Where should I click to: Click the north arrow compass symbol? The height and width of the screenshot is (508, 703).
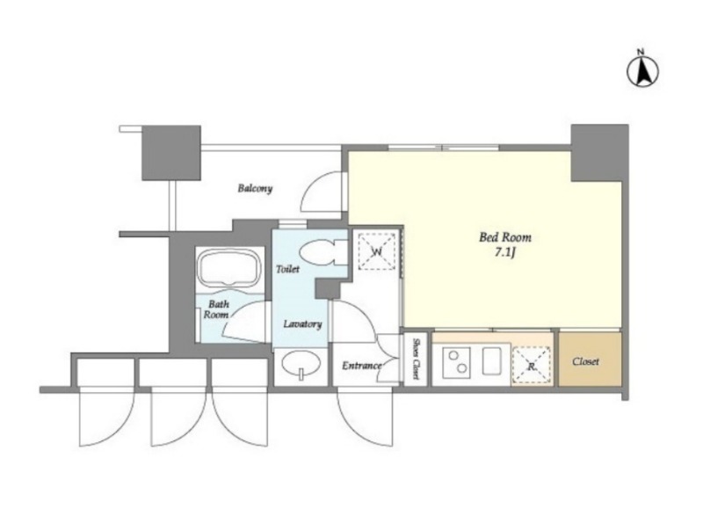point(642,70)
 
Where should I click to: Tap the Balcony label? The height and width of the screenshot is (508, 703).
point(255,188)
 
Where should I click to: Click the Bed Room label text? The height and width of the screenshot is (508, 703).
point(505,236)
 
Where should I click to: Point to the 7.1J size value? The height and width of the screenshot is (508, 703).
point(504,252)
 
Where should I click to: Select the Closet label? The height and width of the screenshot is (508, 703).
point(585,361)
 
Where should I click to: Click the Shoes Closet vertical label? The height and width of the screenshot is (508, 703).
point(415,359)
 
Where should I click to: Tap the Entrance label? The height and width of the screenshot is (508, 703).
point(362,366)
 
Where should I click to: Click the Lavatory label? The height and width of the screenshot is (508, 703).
point(302,323)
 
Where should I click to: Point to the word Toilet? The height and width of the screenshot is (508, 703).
point(288,269)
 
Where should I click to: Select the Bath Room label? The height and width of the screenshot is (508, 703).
point(216,309)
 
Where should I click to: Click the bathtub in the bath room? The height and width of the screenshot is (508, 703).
point(229,268)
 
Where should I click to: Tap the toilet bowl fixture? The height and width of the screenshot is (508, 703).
point(318,252)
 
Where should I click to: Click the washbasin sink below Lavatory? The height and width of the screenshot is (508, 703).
point(301,363)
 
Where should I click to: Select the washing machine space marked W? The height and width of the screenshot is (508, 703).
point(377,251)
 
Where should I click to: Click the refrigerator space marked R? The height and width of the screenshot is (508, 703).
point(532,365)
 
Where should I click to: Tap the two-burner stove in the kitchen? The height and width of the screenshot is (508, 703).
point(456,362)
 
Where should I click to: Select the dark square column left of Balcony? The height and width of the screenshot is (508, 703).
point(170,153)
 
